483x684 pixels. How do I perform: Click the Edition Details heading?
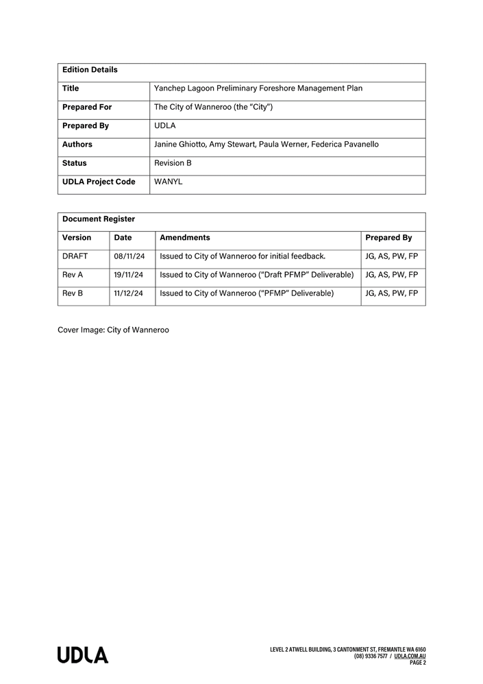pos(90,70)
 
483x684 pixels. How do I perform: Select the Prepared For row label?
pos(87,108)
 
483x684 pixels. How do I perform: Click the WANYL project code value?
pos(169,182)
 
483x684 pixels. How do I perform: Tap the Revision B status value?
pos(173,163)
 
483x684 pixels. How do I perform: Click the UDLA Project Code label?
pos(99,182)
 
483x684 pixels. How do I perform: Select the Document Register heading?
pos(99,219)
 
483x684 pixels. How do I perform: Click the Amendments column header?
pos(185,238)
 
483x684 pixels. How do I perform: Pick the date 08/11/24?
pos(129,256)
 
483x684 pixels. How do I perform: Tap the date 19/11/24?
pos(129,275)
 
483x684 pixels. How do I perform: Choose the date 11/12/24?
pos(129,293)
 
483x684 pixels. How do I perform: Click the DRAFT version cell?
pos(75,256)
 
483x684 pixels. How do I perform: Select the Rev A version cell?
pos(73,275)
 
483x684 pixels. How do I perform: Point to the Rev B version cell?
pos(73,293)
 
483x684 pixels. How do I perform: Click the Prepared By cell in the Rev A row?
pos(392,275)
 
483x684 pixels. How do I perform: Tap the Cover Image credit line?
pos(113,330)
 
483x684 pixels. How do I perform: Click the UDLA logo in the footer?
pos(83,655)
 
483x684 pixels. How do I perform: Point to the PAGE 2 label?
pos(418,663)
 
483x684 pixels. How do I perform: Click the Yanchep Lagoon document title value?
pos(258,88)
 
